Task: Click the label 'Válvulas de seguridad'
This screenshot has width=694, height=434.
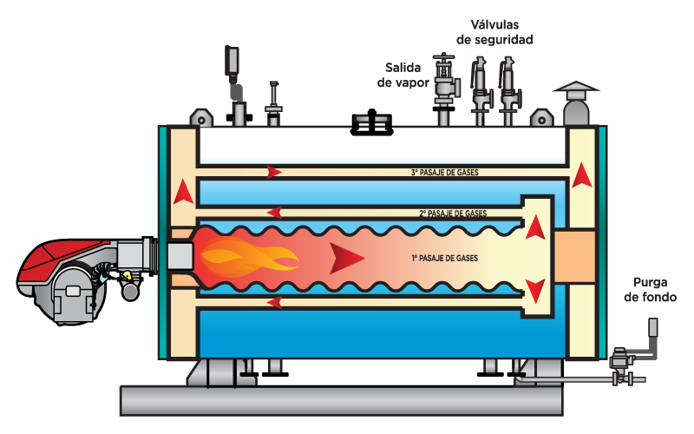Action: click(x=494, y=32)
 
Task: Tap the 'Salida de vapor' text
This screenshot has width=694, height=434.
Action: click(x=403, y=75)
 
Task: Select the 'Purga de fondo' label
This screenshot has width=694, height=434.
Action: click(x=650, y=290)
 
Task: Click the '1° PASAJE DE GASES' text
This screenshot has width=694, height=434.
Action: click(x=445, y=258)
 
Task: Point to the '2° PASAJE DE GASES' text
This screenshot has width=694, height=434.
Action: click(x=453, y=214)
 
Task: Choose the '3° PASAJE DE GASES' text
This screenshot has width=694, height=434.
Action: click(x=445, y=172)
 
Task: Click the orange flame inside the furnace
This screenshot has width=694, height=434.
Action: click(x=248, y=257)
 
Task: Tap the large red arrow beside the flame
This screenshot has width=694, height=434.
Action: click(x=346, y=258)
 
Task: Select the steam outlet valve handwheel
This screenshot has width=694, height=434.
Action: click(x=443, y=57)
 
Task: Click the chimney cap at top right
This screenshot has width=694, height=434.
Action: click(x=576, y=88)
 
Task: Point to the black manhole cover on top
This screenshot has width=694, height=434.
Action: click(x=372, y=122)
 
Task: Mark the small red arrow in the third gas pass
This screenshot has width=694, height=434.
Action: click(x=274, y=172)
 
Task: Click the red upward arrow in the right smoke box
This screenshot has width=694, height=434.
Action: click(x=581, y=176)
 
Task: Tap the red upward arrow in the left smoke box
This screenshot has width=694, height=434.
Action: click(x=183, y=193)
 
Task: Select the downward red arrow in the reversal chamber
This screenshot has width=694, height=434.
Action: click(x=535, y=291)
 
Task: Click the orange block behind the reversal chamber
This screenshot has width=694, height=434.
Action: click(x=575, y=257)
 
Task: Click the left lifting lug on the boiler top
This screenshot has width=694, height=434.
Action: click(x=201, y=118)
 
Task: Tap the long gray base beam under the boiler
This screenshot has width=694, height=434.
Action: click(x=341, y=401)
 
